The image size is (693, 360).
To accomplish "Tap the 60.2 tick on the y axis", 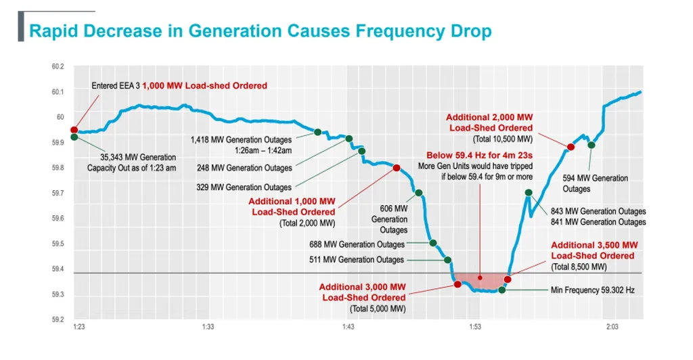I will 58,66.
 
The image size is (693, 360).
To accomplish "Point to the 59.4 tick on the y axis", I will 58,269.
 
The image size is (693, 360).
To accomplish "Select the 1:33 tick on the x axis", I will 208,327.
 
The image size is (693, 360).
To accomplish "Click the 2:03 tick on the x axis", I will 612,327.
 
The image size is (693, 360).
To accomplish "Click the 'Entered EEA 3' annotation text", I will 116,86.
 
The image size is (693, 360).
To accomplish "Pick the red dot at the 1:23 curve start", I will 74,130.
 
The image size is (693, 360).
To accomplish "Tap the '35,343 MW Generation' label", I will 133,158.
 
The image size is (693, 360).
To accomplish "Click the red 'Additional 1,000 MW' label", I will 292,202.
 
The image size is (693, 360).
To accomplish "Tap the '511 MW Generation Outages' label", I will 352,260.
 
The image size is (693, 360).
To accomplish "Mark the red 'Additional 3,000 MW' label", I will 363,287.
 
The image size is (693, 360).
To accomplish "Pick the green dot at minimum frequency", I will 502,290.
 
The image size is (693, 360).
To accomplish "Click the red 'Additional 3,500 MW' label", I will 593,245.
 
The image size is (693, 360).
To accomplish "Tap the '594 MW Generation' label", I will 596,179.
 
